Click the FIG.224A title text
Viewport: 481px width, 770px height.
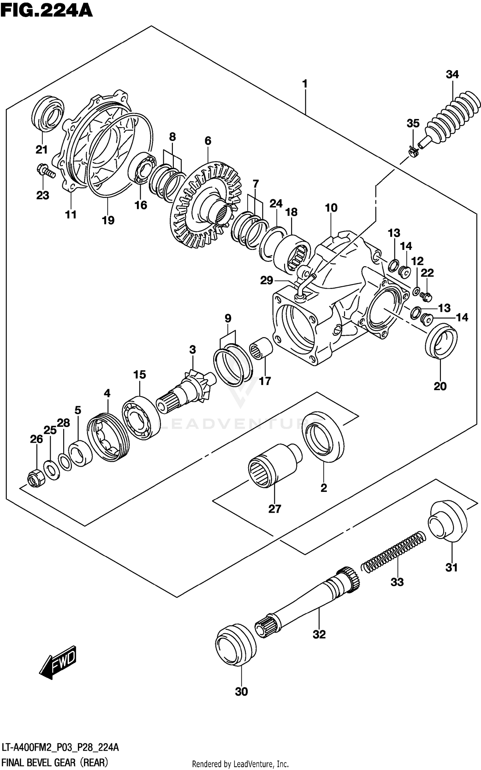click(x=46, y=10)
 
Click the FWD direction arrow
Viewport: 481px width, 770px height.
click(x=58, y=662)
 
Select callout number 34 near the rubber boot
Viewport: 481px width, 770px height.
click(x=452, y=74)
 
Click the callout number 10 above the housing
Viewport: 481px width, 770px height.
click(x=331, y=208)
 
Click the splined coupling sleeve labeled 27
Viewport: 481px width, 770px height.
click(x=271, y=465)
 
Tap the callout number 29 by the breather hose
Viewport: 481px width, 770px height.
click(x=266, y=280)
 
